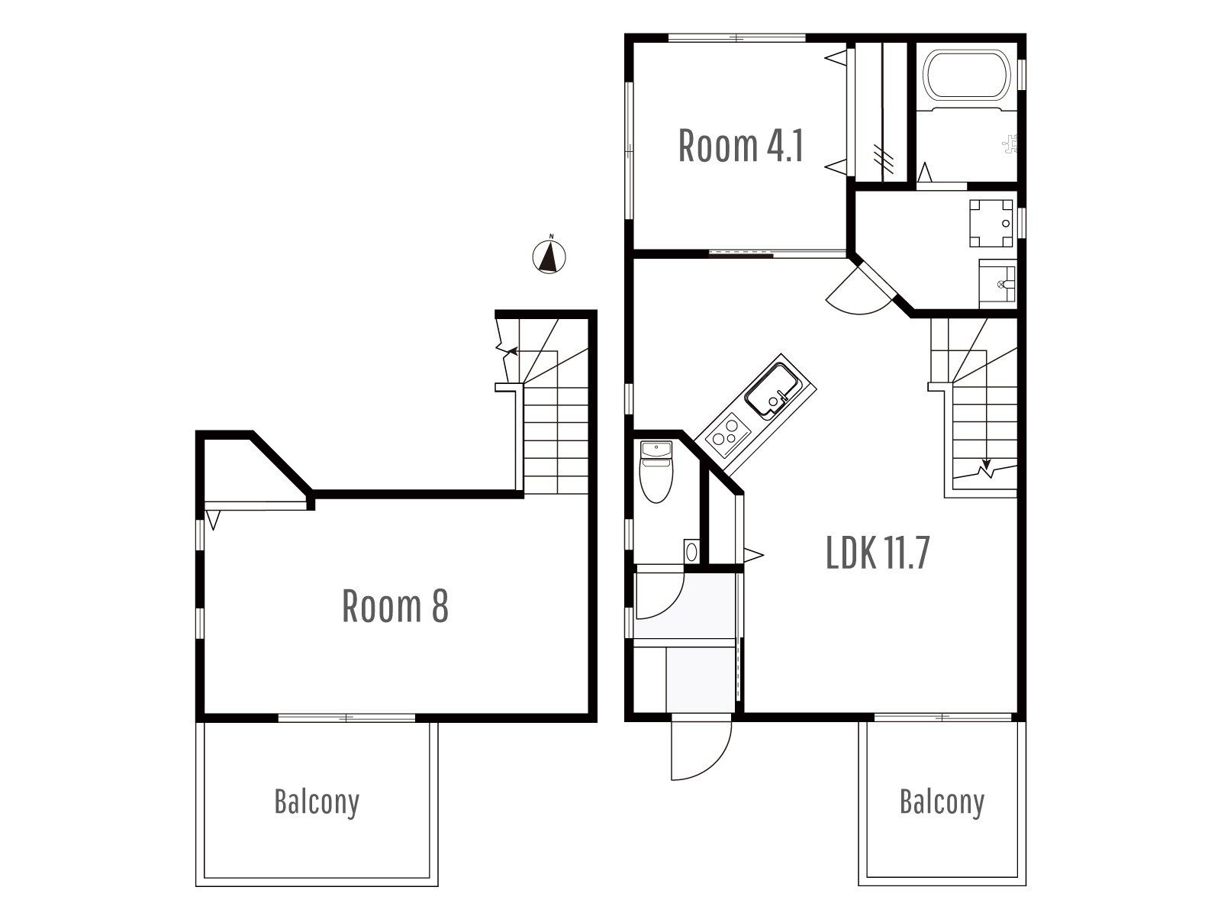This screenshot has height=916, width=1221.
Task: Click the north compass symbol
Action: click(549, 257)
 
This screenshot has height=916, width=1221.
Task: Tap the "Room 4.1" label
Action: click(740, 146)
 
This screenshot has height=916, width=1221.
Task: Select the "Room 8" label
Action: click(395, 605)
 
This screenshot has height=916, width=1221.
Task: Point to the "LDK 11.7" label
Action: click(878, 552)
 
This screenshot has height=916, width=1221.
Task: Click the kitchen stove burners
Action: click(726, 434)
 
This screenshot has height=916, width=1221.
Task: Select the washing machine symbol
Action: click(991, 223)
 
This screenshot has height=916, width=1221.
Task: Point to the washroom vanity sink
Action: click(997, 284)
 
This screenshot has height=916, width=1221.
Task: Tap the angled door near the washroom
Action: click(861, 289)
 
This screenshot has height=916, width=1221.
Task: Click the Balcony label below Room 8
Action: click(317, 802)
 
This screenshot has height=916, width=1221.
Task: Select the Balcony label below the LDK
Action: click(942, 802)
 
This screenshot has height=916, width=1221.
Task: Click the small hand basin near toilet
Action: click(691, 552)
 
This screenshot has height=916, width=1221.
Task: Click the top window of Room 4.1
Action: click(736, 38)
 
